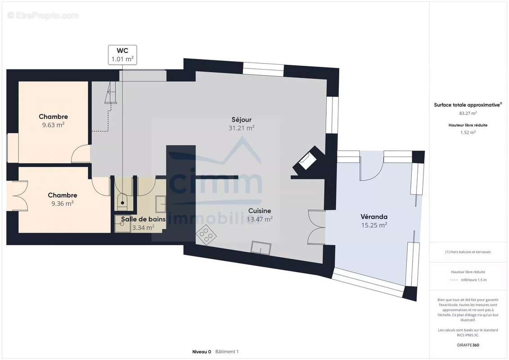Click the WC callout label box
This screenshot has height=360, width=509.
click(x=122, y=55)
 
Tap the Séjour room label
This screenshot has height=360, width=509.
click(x=242, y=119)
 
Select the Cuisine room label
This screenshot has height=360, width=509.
click(x=260, y=211)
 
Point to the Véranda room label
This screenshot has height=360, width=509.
click(x=374, y=216)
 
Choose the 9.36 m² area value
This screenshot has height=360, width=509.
click(x=62, y=203)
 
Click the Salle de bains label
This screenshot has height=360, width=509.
click(x=143, y=219)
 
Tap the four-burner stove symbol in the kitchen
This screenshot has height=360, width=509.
click(x=206, y=234)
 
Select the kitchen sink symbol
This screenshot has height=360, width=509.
click(x=261, y=247)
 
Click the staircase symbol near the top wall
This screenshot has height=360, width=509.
click(x=110, y=93)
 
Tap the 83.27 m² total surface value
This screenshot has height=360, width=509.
click(x=468, y=113)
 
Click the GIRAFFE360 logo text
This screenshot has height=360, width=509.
click(x=468, y=345)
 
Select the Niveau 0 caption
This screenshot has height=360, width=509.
click(x=202, y=351)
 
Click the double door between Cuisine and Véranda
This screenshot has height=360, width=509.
click(x=316, y=227)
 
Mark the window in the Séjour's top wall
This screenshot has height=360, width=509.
click(x=264, y=69)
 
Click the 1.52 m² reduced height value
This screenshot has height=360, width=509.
click(x=468, y=132)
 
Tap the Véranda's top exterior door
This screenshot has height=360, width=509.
click(x=372, y=169)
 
